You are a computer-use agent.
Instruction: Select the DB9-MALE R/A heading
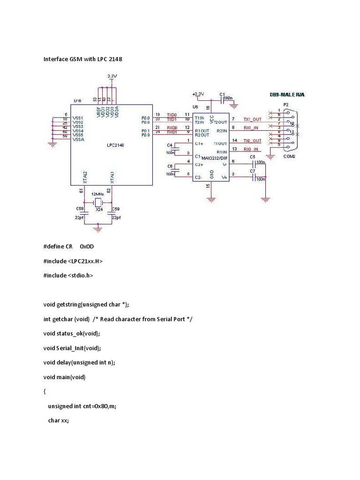287,95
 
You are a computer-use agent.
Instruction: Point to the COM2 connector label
289,157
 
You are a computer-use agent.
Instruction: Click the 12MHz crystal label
98,194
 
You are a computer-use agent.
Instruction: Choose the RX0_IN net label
252,149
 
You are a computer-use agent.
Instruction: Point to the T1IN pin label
200,118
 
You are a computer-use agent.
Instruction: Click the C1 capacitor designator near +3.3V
223,94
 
